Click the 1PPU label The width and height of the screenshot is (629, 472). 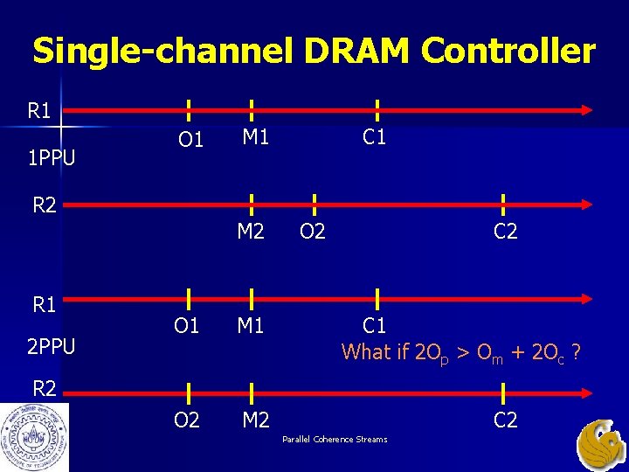coord(51,158)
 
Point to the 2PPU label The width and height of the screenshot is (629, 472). coord(51,347)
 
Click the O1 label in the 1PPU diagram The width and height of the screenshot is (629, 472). coord(190,140)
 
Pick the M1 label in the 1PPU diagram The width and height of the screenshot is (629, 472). coord(255,136)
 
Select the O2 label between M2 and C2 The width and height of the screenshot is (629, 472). coord(313,232)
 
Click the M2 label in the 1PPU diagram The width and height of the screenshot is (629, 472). coord(252,232)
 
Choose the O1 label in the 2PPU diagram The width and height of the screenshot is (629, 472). coord(186,326)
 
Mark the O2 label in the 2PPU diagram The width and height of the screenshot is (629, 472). coord(186,421)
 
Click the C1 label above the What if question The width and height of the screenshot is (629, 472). coord(375,326)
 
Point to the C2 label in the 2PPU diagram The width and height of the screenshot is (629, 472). coord(506,420)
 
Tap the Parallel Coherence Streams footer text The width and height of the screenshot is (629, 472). coord(335,439)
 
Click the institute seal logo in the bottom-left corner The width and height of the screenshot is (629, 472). coord(34,438)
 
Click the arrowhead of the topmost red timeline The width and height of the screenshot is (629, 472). coord(588,110)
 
